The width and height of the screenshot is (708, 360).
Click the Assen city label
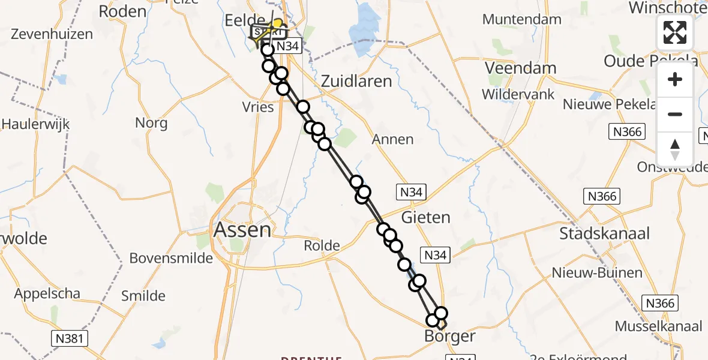pyautogui.click(x=242, y=229)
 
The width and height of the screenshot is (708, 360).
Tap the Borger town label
pyautogui.click(x=449, y=336)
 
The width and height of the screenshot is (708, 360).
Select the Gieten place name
pyautogui.click(x=426, y=217)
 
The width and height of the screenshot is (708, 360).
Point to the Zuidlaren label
pyautogui.click(x=356, y=81)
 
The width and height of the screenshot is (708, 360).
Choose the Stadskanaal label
pyautogui.click(x=604, y=233)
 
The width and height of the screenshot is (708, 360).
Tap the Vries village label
pyautogui.click(x=258, y=107)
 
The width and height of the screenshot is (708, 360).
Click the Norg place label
pyautogui.click(x=151, y=122)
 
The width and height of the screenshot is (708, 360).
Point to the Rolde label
pyautogui.click(x=322, y=245)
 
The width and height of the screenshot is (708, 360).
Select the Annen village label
pyautogui.click(x=393, y=139)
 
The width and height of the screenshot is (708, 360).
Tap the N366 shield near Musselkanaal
pyautogui.click(x=660, y=303)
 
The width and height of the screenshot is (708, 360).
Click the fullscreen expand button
pyautogui.click(x=675, y=32)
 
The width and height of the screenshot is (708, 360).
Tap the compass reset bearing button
pyautogui.click(x=675, y=149)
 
